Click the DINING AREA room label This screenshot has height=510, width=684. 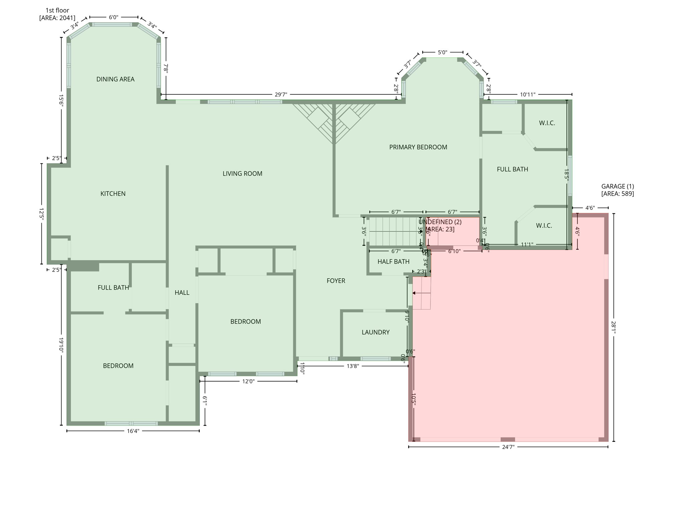[x=115, y=79]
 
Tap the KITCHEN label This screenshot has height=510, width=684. [x=113, y=194]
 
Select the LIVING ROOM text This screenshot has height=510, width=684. [x=242, y=174]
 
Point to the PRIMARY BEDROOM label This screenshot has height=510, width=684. [x=418, y=147]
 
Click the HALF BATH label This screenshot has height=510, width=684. [x=393, y=262]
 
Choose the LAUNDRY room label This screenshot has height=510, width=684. [x=375, y=332]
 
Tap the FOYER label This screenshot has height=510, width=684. [x=336, y=281]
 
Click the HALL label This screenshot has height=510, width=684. [x=182, y=293]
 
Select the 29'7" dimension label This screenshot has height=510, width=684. [x=281, y=95]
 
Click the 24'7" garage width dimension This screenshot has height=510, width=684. [x=508, y=447]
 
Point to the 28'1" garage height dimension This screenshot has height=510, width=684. [x=614, y=327]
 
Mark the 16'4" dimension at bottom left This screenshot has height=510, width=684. [x=133, y=431]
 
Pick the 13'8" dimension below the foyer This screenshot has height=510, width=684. [x=353, y=366]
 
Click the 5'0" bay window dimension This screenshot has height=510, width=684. [x=443, y=52]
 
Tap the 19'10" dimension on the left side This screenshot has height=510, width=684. [x=61, y=344]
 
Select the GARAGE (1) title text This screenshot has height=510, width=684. [x=618, y=186]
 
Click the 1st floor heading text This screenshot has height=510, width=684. [x=57, y=10]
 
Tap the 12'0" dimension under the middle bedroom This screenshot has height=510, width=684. [x=248, y=381]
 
